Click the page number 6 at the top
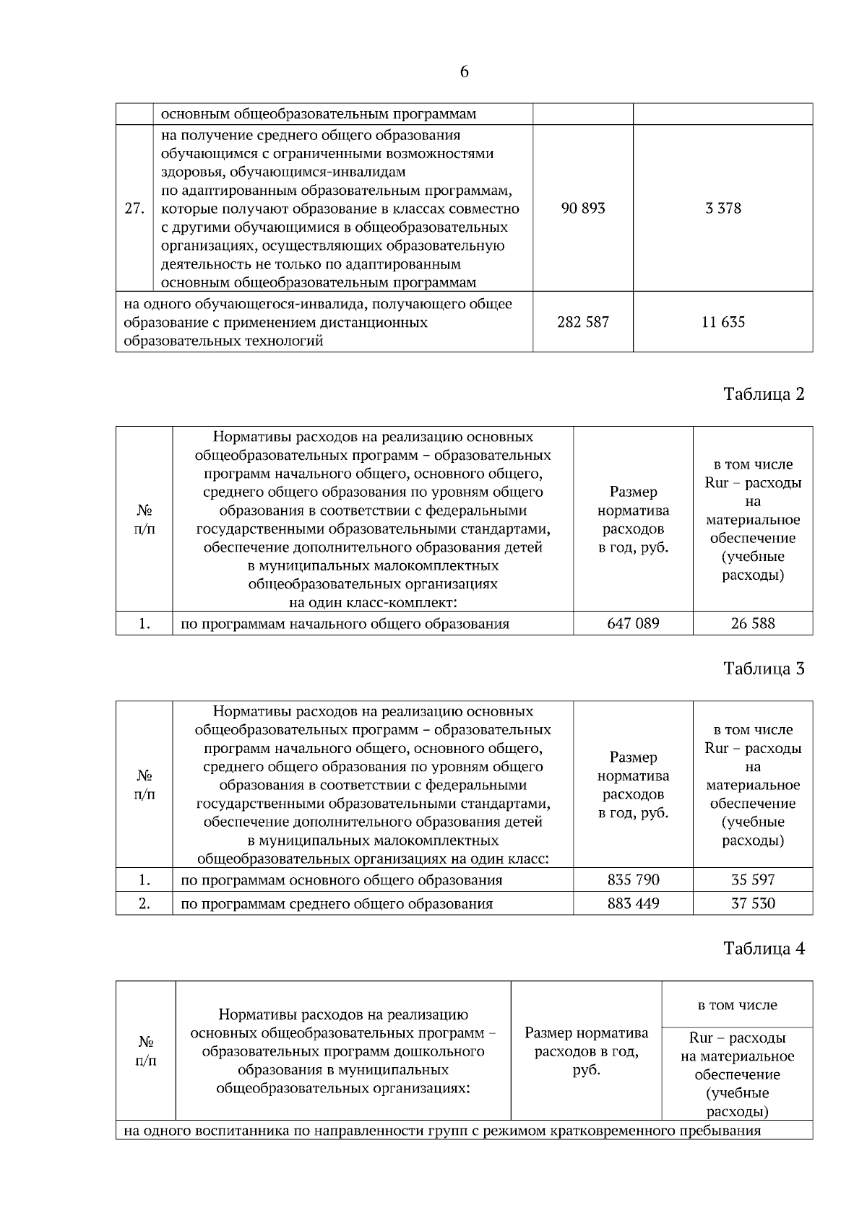click(464, 72)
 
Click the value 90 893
click(583, 209)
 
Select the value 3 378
click(723, 209)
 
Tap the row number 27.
click(134, 209)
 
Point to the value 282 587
click(583, 322)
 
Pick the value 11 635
click(723, 322)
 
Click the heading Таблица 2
click(764, 394)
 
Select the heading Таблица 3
click(764, 669)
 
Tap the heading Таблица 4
click(764, 949)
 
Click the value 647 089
click(634, 623)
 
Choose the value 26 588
click(753, 623)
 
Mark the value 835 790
click(634, 879)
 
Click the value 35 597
click(753, 879)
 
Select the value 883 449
click(634, 903)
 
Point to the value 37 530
click(753, 903)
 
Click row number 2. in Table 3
click(144, 903)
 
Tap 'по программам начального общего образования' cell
click(345, 624)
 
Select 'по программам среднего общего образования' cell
click(337, 904)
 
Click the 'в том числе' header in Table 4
click(737, 1005)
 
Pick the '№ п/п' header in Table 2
click(144, 520)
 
